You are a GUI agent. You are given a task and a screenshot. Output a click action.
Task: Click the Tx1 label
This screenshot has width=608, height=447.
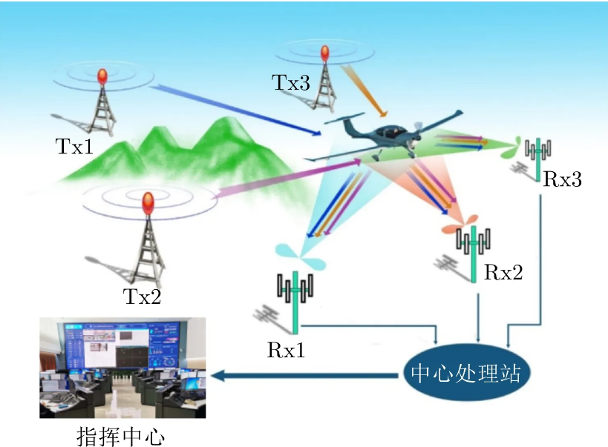75,145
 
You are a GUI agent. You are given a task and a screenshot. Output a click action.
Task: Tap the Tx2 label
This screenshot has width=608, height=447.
142,297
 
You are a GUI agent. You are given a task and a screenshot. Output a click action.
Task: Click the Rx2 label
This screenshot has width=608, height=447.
503,273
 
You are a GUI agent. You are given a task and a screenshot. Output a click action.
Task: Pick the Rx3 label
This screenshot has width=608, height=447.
562,179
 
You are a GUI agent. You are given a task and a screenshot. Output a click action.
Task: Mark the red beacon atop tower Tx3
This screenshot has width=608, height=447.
324,53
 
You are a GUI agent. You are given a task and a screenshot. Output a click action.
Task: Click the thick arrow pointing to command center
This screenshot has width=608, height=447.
304,376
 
